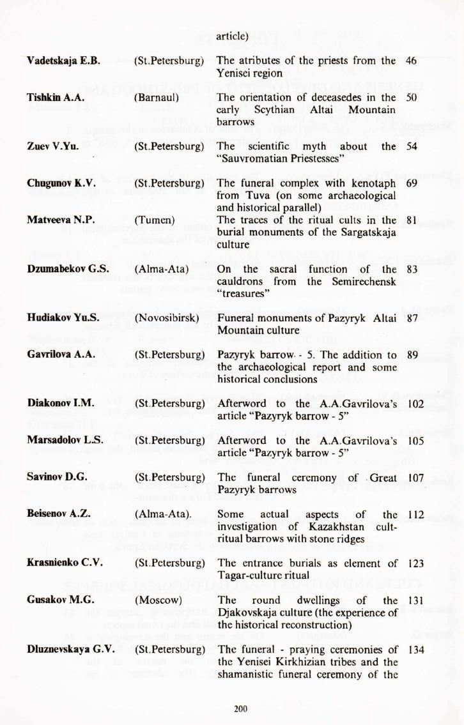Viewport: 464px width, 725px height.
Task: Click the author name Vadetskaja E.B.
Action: click(63, 61)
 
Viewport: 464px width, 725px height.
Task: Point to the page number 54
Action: click(411, 147)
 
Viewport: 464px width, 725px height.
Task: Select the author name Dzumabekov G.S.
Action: click(63, 270)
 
